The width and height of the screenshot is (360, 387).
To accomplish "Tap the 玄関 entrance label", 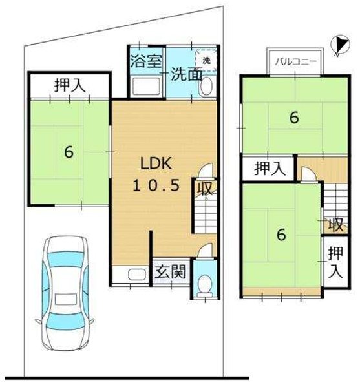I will (x=170, y=272).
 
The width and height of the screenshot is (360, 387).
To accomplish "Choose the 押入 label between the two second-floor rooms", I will (x=269, y=169).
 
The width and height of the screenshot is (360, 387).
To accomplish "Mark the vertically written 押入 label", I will (x=334, y=262).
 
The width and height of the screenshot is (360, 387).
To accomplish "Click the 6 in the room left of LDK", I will (x=68, y=152).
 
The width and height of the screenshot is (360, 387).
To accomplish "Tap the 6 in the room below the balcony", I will (x=294, y=118).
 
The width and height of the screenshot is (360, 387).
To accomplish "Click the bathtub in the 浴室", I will (x=145, y=87).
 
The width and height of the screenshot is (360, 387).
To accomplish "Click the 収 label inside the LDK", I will (x=206, y=189).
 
